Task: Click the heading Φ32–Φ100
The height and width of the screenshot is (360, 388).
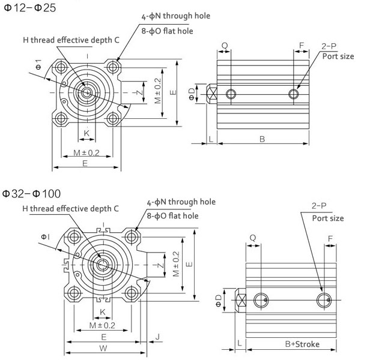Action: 32,194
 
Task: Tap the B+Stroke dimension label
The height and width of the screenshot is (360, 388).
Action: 302,344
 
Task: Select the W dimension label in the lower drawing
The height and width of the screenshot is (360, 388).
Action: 103,347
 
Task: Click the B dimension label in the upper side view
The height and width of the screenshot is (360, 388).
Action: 262,139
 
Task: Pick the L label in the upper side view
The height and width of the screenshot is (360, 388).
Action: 211,139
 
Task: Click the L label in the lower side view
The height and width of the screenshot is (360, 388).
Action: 240,344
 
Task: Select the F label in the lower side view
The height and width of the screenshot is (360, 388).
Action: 331,238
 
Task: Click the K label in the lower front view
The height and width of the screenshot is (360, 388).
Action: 103,311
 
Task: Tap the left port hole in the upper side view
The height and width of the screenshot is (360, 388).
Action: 231,94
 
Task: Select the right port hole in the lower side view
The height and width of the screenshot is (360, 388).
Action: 323,300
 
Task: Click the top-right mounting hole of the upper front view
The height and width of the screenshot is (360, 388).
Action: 113,67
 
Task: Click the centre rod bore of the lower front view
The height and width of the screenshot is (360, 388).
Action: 103,265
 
